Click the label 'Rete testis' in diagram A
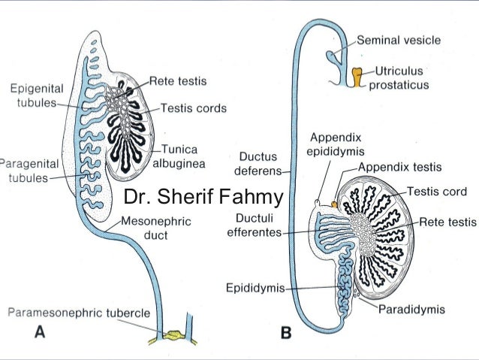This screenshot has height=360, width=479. click(178, 80)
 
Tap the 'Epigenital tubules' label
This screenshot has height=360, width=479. click(35, 95)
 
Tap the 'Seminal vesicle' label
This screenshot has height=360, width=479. click(399, 39)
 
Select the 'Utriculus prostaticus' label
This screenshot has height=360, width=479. click(401, 77)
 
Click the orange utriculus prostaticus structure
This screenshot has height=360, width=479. click(359, 75)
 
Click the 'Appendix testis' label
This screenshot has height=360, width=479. click(399, 167)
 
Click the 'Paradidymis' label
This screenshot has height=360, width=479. click(412, 309)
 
